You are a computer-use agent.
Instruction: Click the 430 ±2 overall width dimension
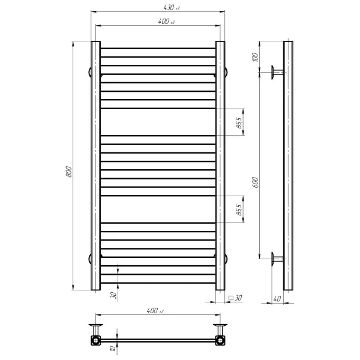[157, 7]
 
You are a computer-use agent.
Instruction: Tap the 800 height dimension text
[69, 170]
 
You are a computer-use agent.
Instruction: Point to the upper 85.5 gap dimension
[238, 122]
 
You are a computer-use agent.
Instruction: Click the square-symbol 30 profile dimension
[235, 297]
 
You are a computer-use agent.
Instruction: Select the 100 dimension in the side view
[255, 58]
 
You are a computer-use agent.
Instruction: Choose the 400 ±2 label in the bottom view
[155, 311]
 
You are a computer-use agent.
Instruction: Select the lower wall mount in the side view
[277, 258]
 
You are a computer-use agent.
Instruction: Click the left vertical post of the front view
[95, 166]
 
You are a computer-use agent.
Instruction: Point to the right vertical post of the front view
[220, 166]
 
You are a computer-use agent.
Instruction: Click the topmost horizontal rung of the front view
[157, 49]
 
